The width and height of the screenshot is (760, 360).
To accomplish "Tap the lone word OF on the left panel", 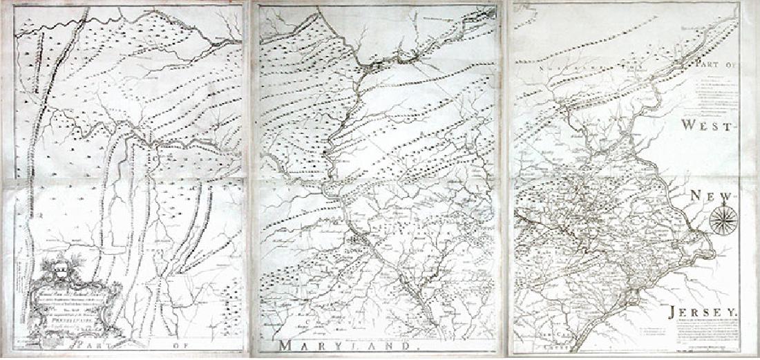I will click(186, 343).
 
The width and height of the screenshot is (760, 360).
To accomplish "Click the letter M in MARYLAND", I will click(288, 345).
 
